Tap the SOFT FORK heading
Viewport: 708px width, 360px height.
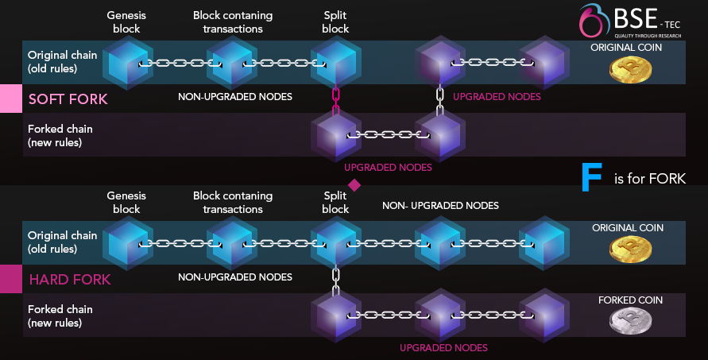click(68, 99)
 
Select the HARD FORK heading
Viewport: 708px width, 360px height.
click(69, 280)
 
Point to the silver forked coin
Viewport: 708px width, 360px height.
click(629, 321)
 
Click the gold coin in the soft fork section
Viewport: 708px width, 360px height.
click(630, 70)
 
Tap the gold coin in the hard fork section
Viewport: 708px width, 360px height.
click(630, 250)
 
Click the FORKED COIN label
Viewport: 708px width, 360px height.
click(630, 300)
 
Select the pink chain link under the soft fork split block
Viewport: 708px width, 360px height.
click(335, 100)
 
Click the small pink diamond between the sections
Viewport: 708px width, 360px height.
click(354, 185)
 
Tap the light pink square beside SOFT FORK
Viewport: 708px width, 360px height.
click(10, 99)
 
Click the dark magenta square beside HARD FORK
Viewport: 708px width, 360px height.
click(10, 279)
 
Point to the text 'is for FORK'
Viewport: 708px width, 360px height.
click(649, 179)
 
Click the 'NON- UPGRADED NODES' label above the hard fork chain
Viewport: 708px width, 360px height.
click(440, 206)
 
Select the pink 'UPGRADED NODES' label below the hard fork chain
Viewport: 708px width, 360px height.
click(443, 347)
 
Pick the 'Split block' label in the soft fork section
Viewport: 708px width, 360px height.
click(335, 22)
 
